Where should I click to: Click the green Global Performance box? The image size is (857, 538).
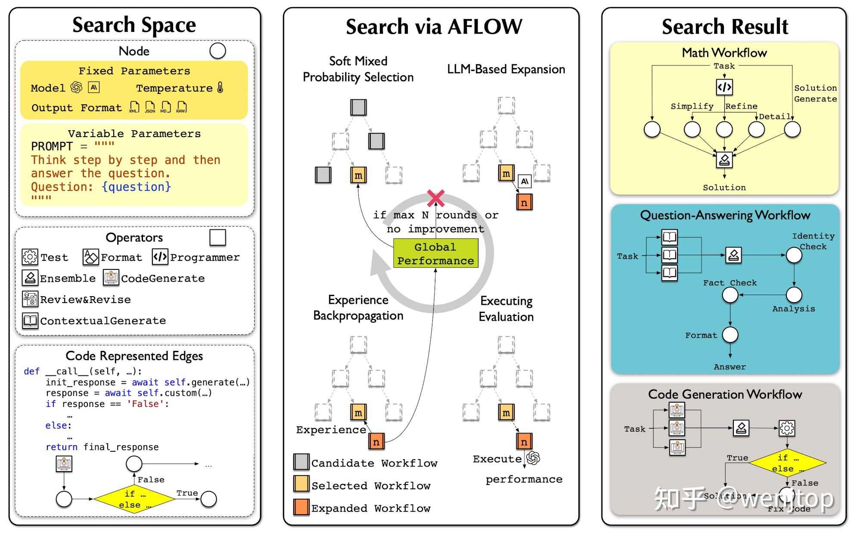tap(435, 253)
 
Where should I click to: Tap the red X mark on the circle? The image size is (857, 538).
tap(436, 198)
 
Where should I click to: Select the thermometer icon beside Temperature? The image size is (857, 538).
tap(220, 88)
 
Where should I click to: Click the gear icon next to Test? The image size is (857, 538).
tap(30, 257)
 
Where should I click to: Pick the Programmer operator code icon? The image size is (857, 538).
tap(160, 257)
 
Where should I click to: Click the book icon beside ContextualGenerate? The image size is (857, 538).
tap(30, 320)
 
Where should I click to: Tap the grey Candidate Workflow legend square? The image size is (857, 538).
tap(301, 462)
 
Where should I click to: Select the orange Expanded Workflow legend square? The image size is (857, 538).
tap(301, 507)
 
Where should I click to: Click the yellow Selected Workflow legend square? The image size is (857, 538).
tap(301, 484)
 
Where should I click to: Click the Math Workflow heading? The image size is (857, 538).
tap(724, 53)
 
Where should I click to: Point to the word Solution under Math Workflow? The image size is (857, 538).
tap(724, 188)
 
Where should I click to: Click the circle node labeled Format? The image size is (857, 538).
tap(730, 335)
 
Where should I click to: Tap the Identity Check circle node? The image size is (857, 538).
tap(794, 255)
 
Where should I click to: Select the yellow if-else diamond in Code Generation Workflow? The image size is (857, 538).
tap(787, 463)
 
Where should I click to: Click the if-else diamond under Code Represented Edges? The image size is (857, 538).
tap(134, 499)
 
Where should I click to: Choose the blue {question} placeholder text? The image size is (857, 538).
tap(137, 187)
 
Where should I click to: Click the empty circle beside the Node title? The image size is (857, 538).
tap(217, 51)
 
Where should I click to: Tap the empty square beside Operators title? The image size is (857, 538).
tap(217, 238)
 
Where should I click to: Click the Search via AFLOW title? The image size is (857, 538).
tap(434, 27)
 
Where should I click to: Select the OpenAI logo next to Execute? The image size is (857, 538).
tap(533, 458)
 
